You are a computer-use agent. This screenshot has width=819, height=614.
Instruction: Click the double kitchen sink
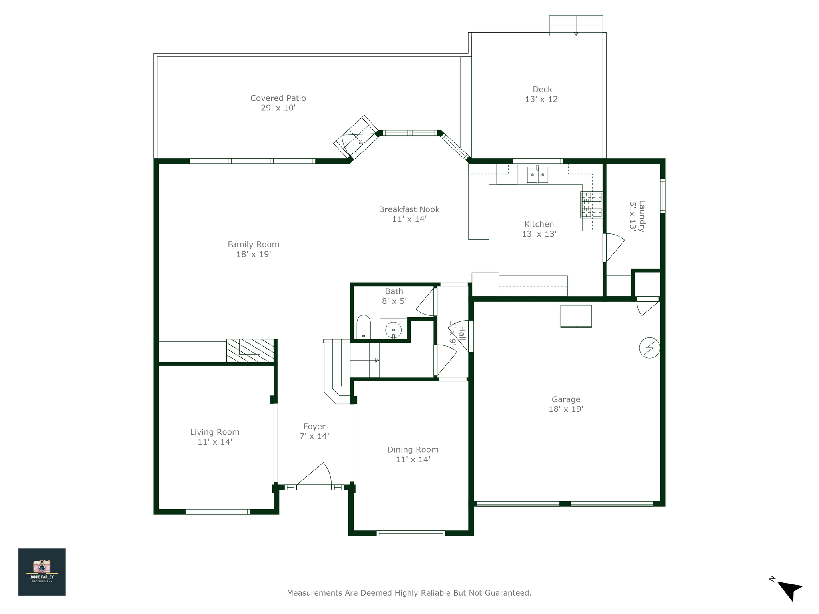coord(537,175)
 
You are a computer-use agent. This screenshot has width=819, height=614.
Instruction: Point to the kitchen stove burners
coord(591,205)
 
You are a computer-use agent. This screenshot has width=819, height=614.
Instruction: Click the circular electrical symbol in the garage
coord(649,348)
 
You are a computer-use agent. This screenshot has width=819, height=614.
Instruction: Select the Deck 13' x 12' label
coord(542,94)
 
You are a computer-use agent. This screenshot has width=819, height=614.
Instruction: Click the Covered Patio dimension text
coord(278,108)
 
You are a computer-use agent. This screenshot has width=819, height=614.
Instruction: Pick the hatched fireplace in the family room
coord(250,351)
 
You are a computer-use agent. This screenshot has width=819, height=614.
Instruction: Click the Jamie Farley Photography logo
coord(42,572)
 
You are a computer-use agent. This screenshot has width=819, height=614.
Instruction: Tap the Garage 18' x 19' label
coord(566,404)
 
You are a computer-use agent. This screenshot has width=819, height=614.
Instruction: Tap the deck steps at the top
coord(576,26)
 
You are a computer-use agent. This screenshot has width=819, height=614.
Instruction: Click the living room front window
coord(218,512)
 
